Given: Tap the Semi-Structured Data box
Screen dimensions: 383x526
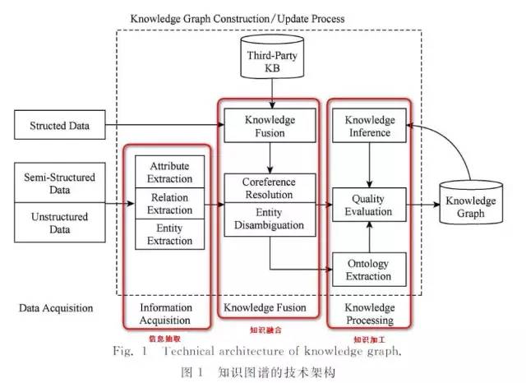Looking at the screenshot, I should [x=62, y=183].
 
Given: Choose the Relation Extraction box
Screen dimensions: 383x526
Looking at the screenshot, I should [x=168, y=204].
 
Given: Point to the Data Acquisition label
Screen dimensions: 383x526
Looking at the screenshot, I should [x=56, y=308].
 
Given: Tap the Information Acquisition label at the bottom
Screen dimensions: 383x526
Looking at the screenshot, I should [x=168, y=314].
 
